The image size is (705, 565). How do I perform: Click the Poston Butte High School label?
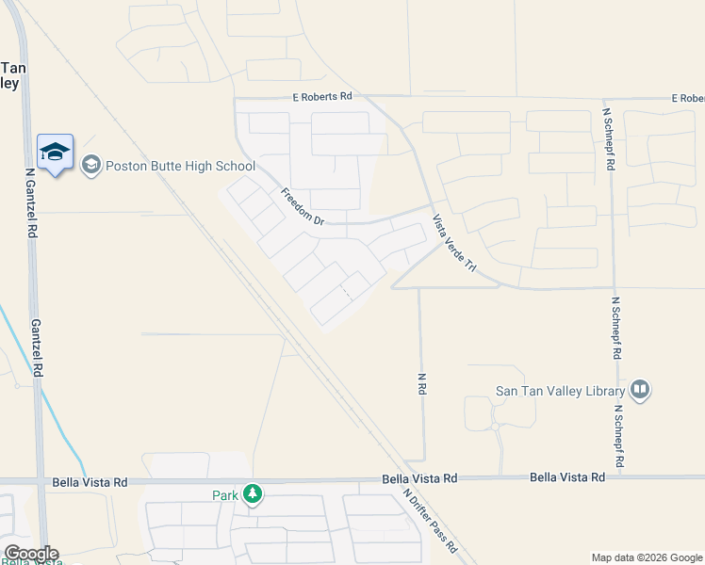(180, 166)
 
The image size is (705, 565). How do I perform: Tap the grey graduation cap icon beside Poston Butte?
(91, 166)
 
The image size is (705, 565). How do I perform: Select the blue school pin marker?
(55, 152)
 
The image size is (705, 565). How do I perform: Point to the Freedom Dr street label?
(302, 206)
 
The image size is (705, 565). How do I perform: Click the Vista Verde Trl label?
(454, 244)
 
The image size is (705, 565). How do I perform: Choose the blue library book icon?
(640, 390)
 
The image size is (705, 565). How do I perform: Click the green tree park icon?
(252, 493)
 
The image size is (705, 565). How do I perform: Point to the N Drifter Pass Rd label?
(429, 519)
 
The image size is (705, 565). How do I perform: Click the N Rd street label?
(421, 383)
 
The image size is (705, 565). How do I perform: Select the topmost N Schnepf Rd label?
(610, 138)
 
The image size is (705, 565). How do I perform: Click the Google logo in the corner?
(30, 554)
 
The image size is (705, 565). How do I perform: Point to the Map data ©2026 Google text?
(647, 557)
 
